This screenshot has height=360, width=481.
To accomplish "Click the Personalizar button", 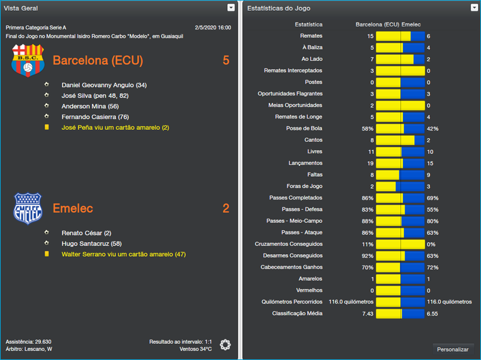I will (x=453, y=349).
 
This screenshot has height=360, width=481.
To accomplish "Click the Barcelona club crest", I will (x=28, y=60).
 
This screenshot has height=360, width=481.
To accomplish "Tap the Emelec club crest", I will (x=28, y=209).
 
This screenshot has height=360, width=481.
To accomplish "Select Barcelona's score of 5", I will (x=226, y=61).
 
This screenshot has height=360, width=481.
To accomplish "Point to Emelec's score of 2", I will (x=226, y=209).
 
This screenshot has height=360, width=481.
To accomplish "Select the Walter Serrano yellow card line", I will (x=123, y=254).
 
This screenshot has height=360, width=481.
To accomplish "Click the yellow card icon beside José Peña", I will (x=47, y=127).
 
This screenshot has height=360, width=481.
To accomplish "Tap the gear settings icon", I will (x=225, y=344).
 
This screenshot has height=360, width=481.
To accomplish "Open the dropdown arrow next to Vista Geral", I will (x=231, y=8).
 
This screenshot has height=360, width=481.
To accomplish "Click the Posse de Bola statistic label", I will (x=304, y=129).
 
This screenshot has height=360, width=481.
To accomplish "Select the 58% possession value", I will (x=367, y=129).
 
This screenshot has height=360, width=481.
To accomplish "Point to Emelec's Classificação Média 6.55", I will (x=432, y=314).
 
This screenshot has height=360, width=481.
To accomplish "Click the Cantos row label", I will (x=313, y=140).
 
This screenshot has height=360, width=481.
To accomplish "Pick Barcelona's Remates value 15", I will (x=370, y=36).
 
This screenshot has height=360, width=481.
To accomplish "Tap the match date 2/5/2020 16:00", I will (x=213, y=28).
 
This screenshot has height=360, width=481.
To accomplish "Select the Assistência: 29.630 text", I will (x=28, y=341).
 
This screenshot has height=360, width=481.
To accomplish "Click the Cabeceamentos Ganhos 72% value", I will (x=432, y=267).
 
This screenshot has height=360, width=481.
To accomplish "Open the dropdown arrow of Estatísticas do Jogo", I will (x=474, y=8).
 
